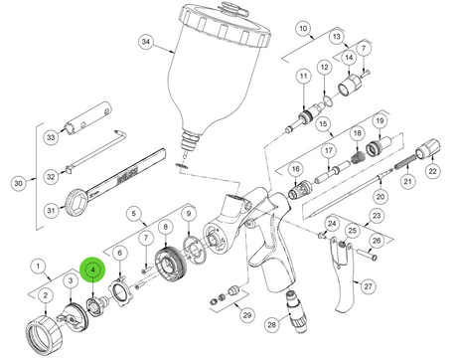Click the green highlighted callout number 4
click(93, 270)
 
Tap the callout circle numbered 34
click(146, 42)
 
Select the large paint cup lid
click(225, 22)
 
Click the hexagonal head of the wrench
click(76, 202)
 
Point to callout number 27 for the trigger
click(368, 285)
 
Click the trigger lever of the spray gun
click(341, 275)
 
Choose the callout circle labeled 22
click(432, 171)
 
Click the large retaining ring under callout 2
click(44, 335)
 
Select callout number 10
click(303, 29)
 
